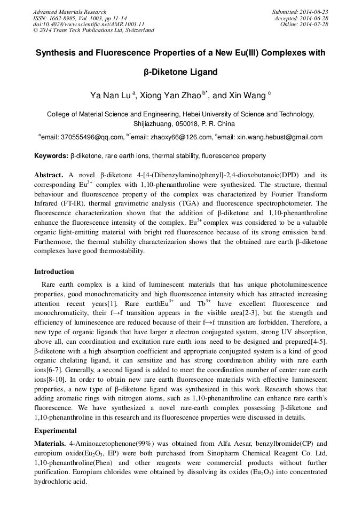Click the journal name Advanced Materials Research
point(69,12)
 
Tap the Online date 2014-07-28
point(313,24)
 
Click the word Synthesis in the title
point(56,53)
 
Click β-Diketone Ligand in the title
point(180,71)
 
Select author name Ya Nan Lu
point(110,96)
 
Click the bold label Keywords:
point(51,156)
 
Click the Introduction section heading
point(54,272)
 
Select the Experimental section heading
point(56,430)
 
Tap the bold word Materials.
point(50,443)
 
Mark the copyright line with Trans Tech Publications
point(93,30)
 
